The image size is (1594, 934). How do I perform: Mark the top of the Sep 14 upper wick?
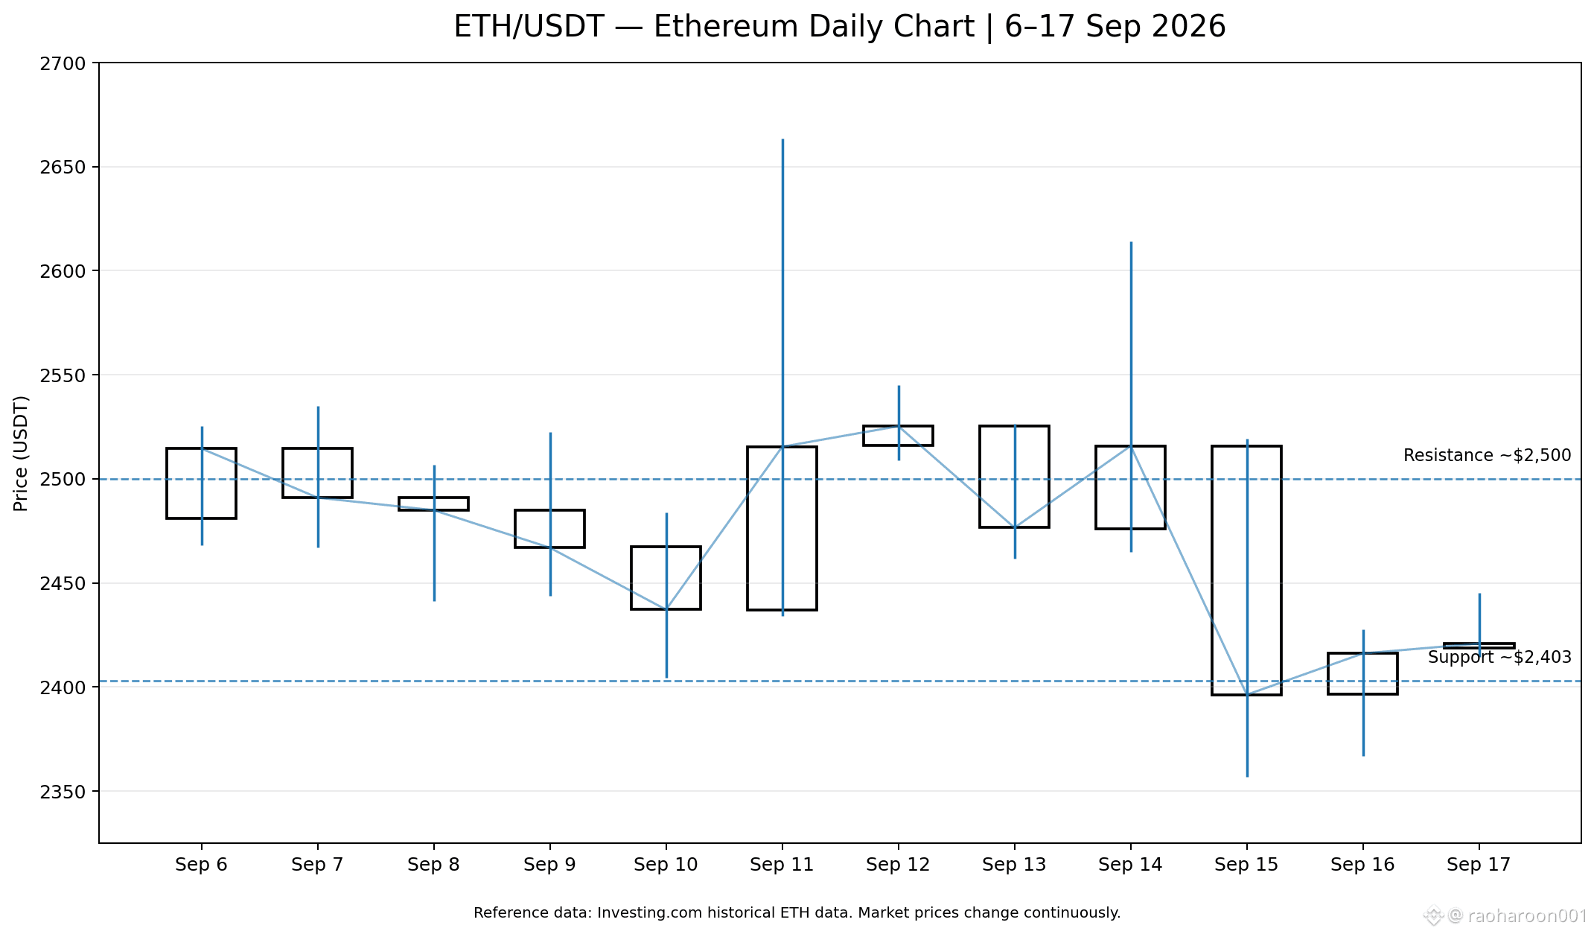tap(1131, 242)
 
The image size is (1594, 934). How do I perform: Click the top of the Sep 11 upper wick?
tap(782, 139)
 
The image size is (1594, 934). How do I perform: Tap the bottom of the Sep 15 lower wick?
tap(1247, 777)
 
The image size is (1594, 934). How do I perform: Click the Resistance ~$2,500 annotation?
tap(1487, 455)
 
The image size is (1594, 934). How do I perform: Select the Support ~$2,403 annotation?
tap(1499, 657)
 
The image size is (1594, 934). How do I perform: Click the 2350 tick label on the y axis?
tap(63, 791)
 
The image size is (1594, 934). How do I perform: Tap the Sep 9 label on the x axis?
tap(549, 865)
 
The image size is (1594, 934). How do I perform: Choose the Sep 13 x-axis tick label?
tap(1014, 865)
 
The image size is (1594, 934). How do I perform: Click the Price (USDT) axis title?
tap(21, 454)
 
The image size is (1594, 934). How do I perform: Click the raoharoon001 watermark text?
tap(1527, 916)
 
